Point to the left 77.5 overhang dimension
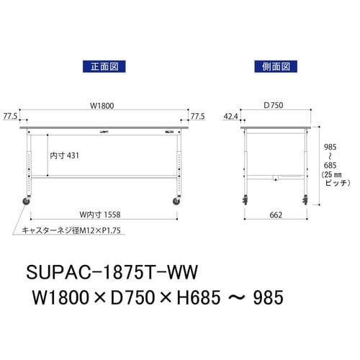(10, 115)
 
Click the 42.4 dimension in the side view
(231, 115)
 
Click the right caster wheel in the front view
(177, 204)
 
